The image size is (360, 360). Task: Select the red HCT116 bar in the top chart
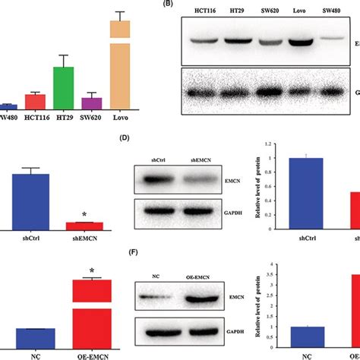click(35, 102)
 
